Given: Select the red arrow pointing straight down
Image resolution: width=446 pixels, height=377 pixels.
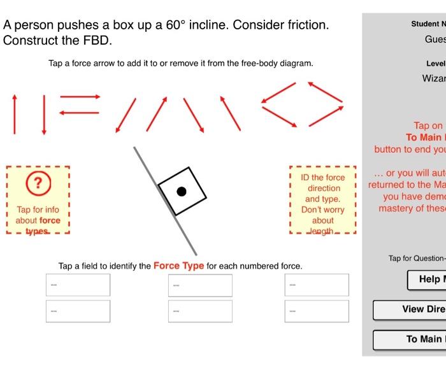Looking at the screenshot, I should [44, 114].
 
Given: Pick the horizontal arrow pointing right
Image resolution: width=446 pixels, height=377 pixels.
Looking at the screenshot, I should [80, 97].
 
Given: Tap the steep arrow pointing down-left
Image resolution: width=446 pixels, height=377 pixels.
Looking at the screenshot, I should [127, 115].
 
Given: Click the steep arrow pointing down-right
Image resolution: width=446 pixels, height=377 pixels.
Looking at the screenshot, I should [192, 115].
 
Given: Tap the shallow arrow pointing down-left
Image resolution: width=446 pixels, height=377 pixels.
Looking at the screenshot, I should [279, 92].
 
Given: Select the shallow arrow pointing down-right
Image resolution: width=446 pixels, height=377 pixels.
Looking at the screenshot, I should [279, 115].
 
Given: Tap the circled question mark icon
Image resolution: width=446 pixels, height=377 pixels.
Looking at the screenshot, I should [38, 183].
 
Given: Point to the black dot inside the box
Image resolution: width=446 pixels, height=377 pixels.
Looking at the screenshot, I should [182, 190].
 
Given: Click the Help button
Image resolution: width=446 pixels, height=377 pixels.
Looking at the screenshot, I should [426, 279].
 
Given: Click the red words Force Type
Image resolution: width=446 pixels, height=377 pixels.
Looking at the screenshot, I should [179, 266].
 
